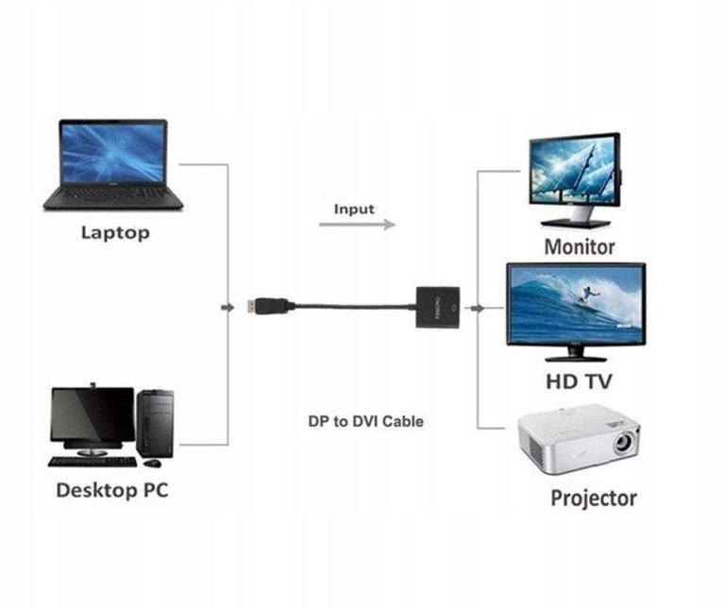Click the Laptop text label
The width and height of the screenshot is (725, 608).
[115, 232]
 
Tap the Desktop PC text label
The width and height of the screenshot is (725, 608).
[112, 490]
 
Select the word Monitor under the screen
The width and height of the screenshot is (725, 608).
[579, 247]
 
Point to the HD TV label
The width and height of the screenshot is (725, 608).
[579, 381]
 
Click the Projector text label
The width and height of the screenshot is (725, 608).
[594, 498]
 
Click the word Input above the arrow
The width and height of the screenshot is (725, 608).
[354, 209]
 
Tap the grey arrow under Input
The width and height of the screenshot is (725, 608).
[357, 225]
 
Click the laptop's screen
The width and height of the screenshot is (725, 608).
[113, 153]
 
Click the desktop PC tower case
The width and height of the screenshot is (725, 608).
[156, 424]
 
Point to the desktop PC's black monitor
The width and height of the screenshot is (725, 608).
[93, 416]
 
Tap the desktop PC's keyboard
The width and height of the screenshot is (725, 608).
[93, 462]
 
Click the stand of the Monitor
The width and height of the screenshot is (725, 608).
[576, 221]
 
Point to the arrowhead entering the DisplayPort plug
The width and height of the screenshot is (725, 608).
[228, 307]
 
